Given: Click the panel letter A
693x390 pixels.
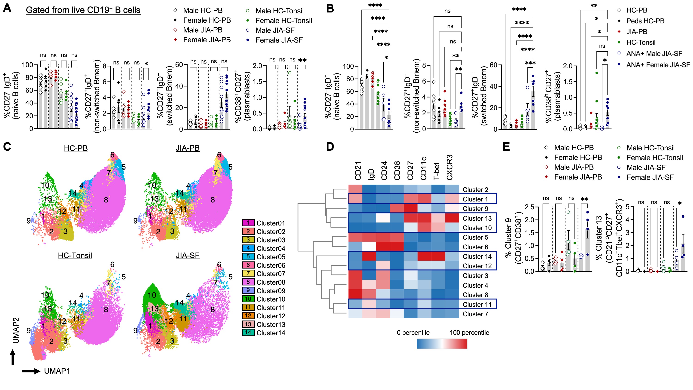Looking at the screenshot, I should tap(7, 8).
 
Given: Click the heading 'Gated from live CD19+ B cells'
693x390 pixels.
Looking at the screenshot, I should tap(83, 10).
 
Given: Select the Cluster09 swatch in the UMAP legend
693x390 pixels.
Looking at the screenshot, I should tap(248, 291).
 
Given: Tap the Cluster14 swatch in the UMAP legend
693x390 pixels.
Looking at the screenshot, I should tap(248, 333).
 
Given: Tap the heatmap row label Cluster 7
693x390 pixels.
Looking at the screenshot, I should tap(475, 314).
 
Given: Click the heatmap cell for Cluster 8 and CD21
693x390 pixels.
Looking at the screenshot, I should tap(355, 295).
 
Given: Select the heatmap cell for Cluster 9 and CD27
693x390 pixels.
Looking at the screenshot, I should tap(410, 209).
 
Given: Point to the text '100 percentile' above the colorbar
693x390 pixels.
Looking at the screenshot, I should tap(469, 332).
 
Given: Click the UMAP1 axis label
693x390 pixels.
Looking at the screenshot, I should tap(57, 371).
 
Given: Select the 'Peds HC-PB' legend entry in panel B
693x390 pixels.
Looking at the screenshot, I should tap(645, 21).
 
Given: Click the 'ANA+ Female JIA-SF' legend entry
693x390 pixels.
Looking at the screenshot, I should tap(658, 65).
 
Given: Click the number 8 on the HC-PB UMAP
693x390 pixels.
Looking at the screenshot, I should tap(106, 200).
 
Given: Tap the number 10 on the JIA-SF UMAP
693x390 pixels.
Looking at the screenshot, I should tap(152, 295).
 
